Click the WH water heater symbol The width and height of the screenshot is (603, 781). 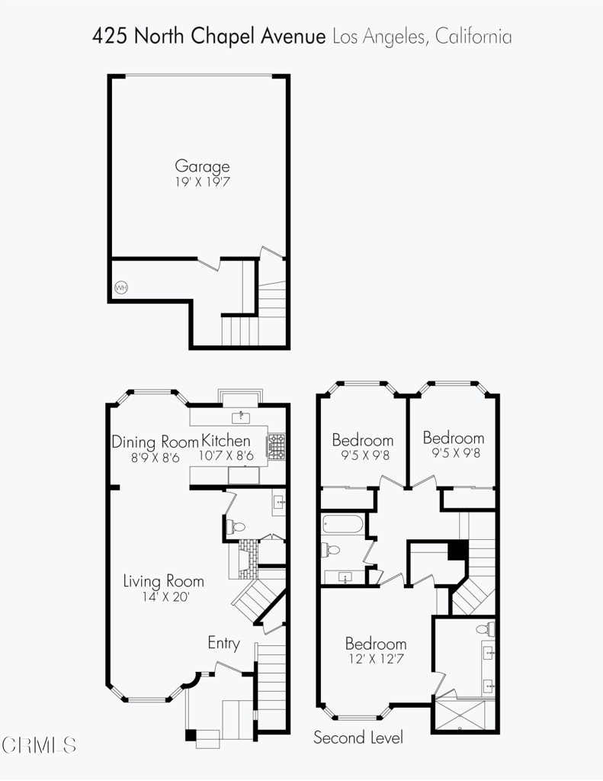tap(121, 288)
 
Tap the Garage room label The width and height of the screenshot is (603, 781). tap(202, 166)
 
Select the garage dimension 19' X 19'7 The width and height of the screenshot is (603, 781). tap(202, 182)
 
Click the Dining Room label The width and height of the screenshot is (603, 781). tap(155, 442)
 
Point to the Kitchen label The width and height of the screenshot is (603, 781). tap(226, 441)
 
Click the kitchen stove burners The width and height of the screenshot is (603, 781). tap(277, 447)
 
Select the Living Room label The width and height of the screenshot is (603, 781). tap(163, 581)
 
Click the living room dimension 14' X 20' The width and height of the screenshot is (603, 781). tap(165, 596)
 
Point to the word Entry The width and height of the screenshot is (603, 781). tap(223, 643)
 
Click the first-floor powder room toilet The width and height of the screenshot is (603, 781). tap(236, 526)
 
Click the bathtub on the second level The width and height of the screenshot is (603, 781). tap(343, 524)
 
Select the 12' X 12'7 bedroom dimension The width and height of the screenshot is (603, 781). tap(376, 659)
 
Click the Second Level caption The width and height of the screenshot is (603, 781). tap(358, 738)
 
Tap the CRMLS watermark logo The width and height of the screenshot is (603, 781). tap(39, 745)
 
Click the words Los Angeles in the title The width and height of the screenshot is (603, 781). tap(379, 37)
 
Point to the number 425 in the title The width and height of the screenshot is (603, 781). tap(110, 37)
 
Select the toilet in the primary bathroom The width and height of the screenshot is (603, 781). tap(486, 628)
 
